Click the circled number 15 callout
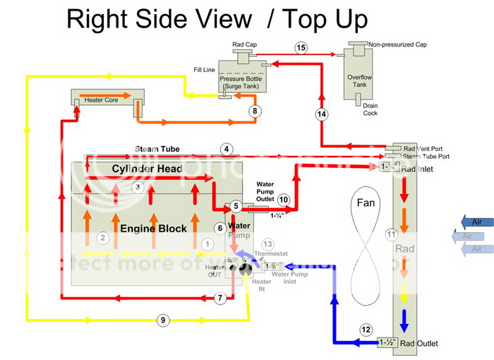[x=301, y=48]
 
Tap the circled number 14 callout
[x=322, y=114]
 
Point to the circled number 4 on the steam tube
[x=226, y=149]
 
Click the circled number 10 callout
[x=284, y=200]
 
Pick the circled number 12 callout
[x=366, y=330]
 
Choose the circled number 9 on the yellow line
[x=163, y=320]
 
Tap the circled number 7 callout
[x=220, y=299]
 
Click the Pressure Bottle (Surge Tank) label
[x=242, y=82]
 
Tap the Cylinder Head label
[x=147, y=169]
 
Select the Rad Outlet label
[x=419, y=344]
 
